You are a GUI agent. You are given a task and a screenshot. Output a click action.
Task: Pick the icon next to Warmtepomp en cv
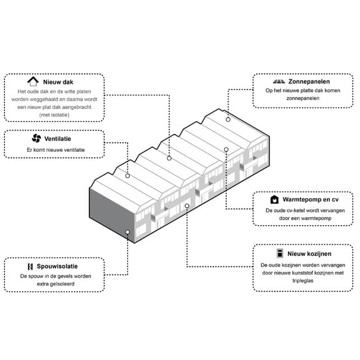(275, 199)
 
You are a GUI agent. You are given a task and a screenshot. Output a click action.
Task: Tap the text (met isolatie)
(55, 114)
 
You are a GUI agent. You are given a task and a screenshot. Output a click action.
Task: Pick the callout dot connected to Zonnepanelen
(228, 120)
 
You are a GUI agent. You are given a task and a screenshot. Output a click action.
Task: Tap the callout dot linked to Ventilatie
(128, 176)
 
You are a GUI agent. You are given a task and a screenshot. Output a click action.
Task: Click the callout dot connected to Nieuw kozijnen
(186, 206)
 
